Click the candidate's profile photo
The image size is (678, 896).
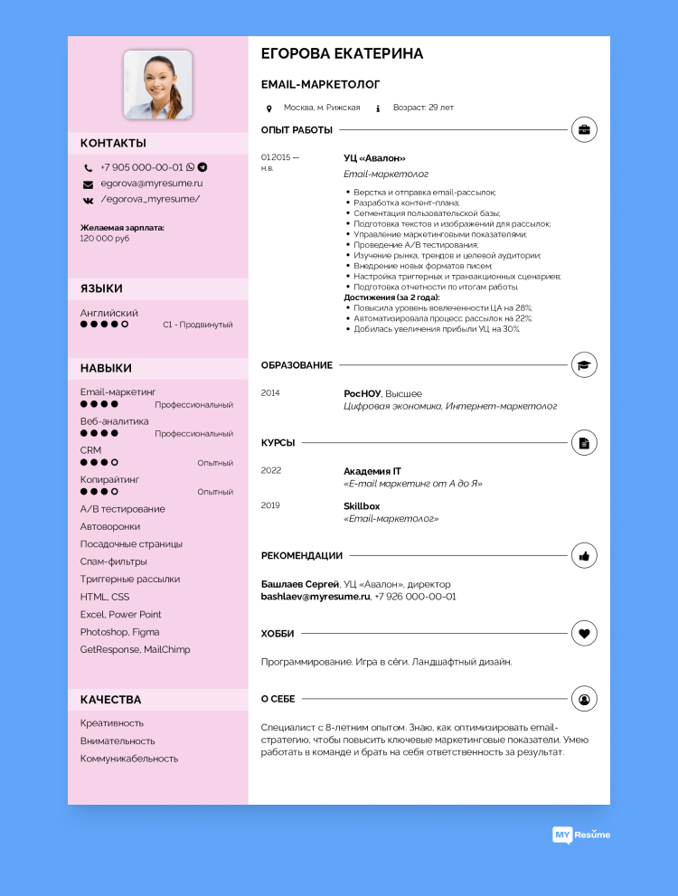[x=158, y=85]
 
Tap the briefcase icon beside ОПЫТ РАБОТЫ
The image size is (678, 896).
[x=584, y=130]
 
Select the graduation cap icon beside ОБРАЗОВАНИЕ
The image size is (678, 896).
[x=584, y=365]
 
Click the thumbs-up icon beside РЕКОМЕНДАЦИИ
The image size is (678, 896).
[x=584, y=555]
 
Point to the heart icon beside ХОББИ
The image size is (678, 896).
[x=584, y=634]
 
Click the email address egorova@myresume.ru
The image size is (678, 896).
[x=151, y=184]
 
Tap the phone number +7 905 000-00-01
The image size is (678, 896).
[x=142, y=167]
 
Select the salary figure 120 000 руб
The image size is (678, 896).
[x=105, y=239]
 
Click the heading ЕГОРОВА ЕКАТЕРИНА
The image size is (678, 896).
[x=342, y=54]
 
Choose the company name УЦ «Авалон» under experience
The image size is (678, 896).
[x=374, y=158]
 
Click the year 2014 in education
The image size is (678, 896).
[x=270, y=393]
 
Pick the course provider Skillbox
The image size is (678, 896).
[x=362, y=506]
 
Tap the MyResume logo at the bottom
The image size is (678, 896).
[x=581, y=835]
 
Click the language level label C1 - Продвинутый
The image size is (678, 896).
[x=198, y=325]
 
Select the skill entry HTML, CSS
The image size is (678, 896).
[x=105, y=597]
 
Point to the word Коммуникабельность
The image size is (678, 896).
[x=129, y=759]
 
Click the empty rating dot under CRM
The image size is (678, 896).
[x=114, y=463]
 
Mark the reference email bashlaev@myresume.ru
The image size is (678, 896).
[x=315, y=597]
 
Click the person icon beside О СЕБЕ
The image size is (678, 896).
[x=584, y=699]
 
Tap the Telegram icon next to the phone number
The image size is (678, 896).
[x=202, y=167]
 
